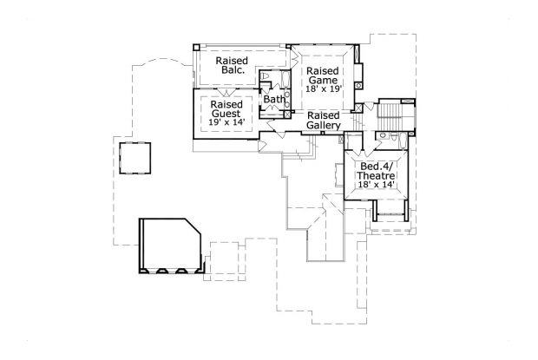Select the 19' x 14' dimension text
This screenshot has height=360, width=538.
(x=226, y=122)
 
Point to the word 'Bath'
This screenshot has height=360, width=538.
(x=274, y=100)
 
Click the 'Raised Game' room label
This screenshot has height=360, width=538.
(x=323, y=78)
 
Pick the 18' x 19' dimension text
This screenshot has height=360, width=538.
(x=323, y=88)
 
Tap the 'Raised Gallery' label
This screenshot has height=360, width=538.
(x=324, y=121)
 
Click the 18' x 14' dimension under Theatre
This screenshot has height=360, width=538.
(x=377, y=185)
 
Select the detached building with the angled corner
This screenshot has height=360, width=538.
(x=170, y=246)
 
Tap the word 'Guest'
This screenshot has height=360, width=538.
(x=226, y=112)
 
